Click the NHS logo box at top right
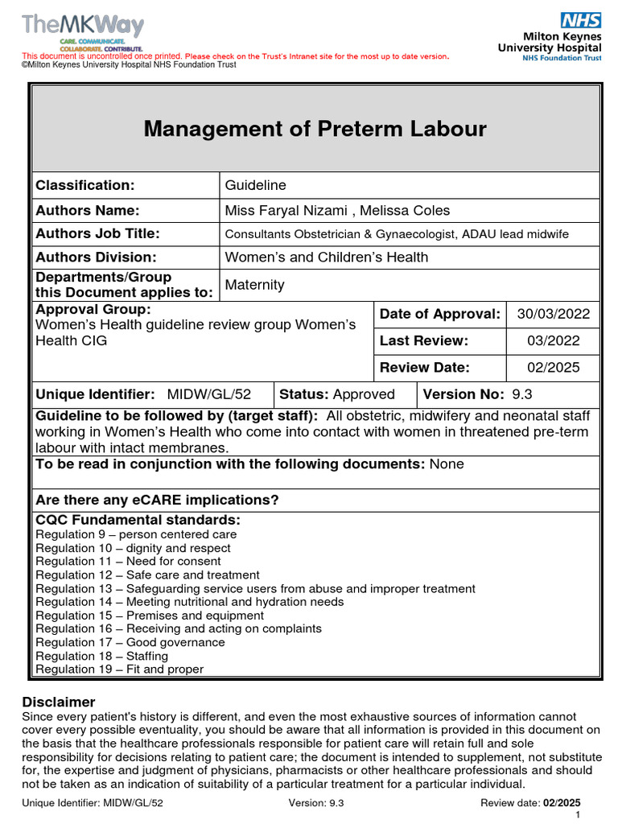tap(581, 21)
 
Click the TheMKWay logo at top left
tap(83, 27)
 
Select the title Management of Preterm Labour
tap(315, 129)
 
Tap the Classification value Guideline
tap(255, 185)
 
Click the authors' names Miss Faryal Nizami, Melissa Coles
tap(337, 211)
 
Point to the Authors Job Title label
tap(97, 233)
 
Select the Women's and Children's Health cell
tap(326, 257)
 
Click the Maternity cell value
tap(254, 285)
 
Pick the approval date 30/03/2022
tap(553, 314)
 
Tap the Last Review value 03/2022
tap(553, 340)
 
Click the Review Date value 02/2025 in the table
tap(553, 368)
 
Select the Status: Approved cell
tap(336, 394)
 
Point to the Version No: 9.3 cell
tap(477, 394)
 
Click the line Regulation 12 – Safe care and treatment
tap(148, 575)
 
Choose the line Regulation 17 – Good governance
tap(130, 643)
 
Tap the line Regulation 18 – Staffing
tap(102, 657)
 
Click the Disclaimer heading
tap(59, 702)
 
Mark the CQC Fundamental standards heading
tap(138, 520)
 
